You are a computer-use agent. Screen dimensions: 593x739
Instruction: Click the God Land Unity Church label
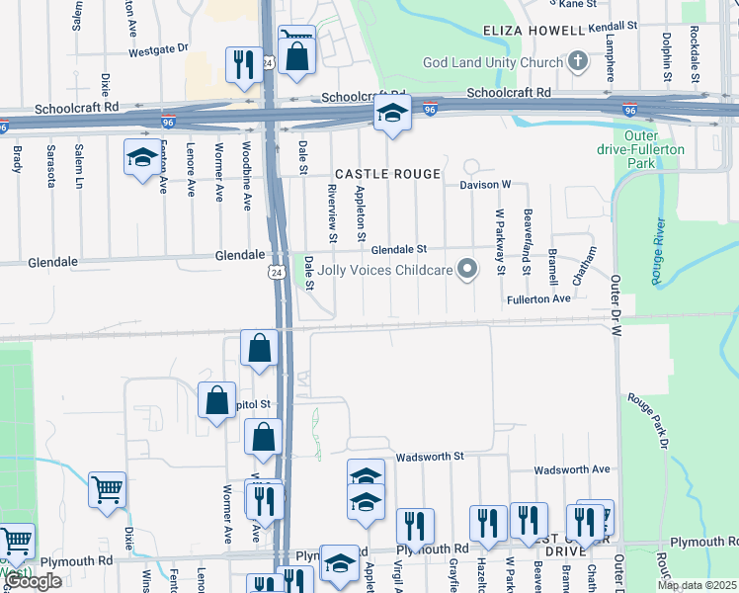(493, 62)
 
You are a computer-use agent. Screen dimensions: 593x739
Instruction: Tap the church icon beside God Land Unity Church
(578, 62)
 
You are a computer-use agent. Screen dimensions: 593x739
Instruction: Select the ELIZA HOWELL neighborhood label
(534, 32)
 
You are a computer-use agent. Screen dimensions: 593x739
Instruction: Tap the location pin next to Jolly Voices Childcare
(469, 269)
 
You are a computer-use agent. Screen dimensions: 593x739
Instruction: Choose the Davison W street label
(484, 185)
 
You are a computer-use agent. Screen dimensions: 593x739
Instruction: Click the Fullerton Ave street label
(538, 297)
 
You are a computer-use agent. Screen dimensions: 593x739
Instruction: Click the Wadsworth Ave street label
(572, 469)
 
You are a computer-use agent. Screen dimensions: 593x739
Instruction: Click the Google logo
(34, 581)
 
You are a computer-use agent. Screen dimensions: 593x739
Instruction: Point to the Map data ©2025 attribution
(697, 585)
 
